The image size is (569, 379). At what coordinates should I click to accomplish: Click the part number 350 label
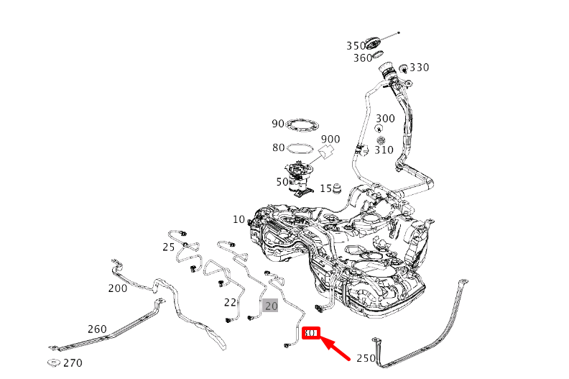(x=356, y=46)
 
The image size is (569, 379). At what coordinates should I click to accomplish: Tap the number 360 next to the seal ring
(x=362, y=58)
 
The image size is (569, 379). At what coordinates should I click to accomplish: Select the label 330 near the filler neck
(x=419, y=68)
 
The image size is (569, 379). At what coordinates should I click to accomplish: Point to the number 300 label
(x=385, y=119)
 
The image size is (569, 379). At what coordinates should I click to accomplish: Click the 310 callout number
(x=384, y=150)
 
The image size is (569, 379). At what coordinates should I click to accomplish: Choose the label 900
(x=330, y=140)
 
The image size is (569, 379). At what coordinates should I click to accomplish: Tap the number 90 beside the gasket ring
(x=278, y=124)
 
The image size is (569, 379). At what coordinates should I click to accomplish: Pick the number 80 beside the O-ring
(x=278, y=148)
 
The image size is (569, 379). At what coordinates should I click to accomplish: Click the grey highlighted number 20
(x=271, y=306)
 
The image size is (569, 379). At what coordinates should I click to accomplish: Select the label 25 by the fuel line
(x=168, y=247)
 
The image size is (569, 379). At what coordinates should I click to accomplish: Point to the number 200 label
(x=118, y=288)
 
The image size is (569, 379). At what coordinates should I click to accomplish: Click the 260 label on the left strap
(x=97, y=329)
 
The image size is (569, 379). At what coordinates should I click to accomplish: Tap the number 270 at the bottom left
(x=73, y=363)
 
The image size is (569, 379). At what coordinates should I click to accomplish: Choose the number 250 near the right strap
(x=366, y=358)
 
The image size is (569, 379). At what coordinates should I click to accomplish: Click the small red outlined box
(x=311, y=333)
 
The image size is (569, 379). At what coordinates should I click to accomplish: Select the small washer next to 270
(x=52, y=362)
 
